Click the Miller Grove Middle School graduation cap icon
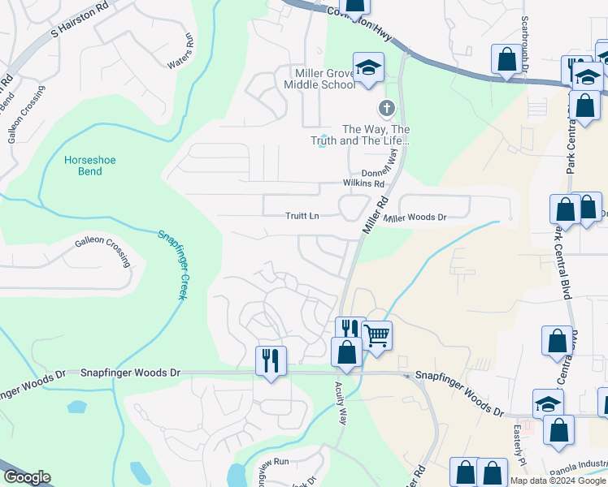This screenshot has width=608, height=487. tap(368, 67)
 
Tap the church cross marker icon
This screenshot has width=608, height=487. tap(387, 107)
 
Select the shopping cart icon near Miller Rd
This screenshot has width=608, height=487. tap(376, 334)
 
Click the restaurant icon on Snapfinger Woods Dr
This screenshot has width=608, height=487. tap(271, 360)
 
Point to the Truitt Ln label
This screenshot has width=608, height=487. tap(302, 217)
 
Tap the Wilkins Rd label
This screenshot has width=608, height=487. tap(363, 183)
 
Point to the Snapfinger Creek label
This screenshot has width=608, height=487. tap(172, 263)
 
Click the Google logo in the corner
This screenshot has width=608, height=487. tap(27, 478)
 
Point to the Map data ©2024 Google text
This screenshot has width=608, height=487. tap(558, 481)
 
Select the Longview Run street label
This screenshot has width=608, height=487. tap(267, 463)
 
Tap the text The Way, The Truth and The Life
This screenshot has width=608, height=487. tap(376, 135)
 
